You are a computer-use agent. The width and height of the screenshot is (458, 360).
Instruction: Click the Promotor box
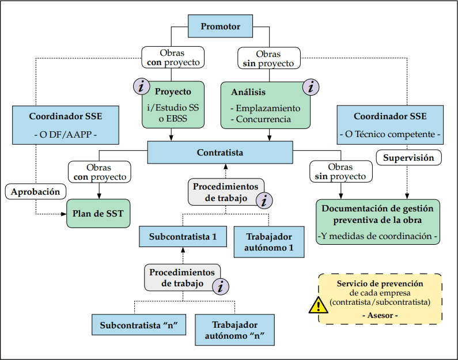coord(220,26)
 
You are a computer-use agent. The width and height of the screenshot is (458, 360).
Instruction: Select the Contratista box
coord(220,153)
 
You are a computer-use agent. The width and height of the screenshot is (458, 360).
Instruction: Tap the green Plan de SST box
coord(98,213)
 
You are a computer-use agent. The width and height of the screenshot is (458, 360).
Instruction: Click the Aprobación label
coord(36,192)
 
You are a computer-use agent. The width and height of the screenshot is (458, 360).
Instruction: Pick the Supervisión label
coord(408,157)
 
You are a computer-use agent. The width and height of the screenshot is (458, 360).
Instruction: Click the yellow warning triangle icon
coord(317,305)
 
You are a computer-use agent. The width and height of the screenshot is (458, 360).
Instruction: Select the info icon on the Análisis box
coord(311,87)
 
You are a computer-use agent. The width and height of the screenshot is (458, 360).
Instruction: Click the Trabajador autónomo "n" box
coord(234,329)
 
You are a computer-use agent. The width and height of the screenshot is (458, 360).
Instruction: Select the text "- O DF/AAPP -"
coord(65,135)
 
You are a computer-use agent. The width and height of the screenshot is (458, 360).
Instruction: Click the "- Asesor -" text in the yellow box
coord(380,315)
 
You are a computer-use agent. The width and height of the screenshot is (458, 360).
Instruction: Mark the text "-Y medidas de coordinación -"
coord(378,236)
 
